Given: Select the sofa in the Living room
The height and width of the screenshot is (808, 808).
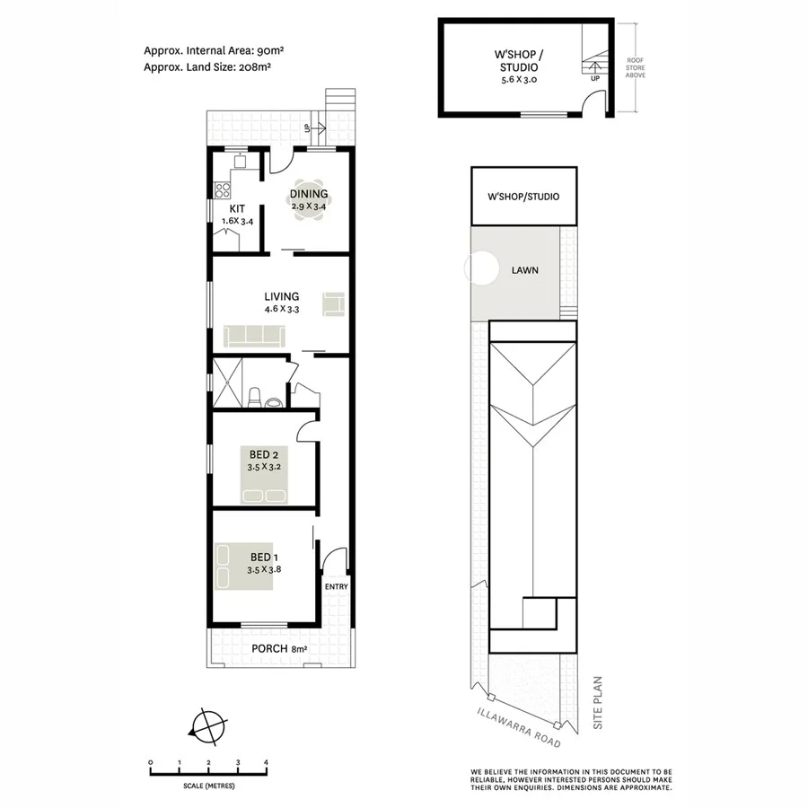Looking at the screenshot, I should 254,336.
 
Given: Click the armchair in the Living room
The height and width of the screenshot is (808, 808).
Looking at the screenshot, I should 334,303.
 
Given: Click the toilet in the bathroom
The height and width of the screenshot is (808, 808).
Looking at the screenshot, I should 255,395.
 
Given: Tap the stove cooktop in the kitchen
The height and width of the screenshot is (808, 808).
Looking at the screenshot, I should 223,189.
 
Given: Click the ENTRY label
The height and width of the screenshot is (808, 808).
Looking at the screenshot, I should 336,587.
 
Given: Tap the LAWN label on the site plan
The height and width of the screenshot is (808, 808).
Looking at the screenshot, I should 525,269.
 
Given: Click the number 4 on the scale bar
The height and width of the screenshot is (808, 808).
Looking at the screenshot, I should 266,762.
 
